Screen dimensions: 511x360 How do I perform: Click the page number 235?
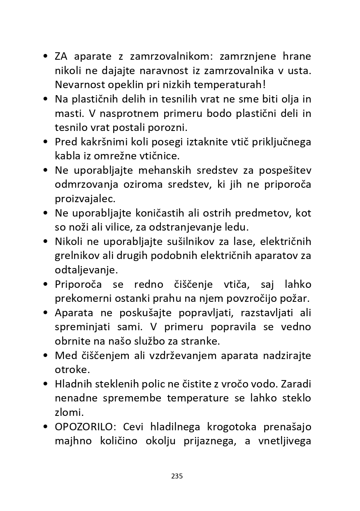click(x=177, y=476)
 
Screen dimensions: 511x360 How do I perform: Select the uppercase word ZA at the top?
click(x=62, y=56)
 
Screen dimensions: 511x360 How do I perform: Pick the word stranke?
click(x=202, y=341)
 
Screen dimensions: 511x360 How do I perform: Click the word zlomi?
click(x=67, y=413)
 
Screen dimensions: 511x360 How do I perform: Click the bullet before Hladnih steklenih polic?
click(x=46, y=384)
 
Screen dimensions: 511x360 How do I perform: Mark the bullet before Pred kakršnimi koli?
click(x=46, y=142)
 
